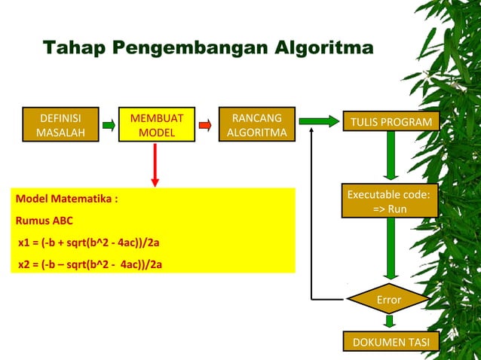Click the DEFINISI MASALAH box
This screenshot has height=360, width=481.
[x=61, y=125]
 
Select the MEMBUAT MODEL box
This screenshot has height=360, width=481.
[x=156, y=125]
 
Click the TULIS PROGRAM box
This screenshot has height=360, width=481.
[x=388, y=122]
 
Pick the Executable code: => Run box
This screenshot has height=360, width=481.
[x=388, y=201]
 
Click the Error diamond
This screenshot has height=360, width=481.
[x=388, y=300]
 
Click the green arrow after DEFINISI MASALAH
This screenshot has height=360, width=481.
[x=108, y=125]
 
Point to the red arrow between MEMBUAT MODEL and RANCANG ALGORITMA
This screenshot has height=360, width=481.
[x=204, y=125]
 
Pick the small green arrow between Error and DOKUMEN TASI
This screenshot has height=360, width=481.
[x=389, y=322]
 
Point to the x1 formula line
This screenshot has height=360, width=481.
[x=89, y=243]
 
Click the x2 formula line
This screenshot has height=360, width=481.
[x=90, y=264]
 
